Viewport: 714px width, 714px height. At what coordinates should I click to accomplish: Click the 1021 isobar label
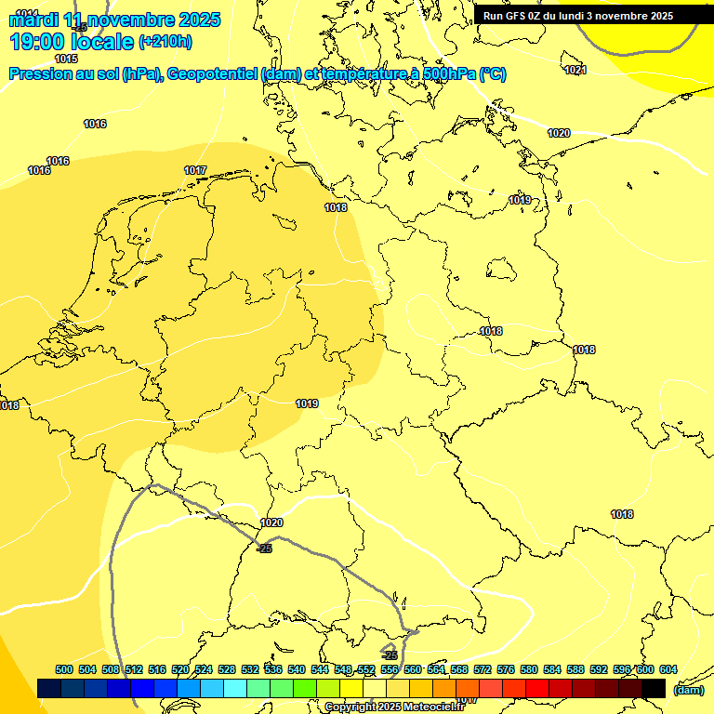(575, 70)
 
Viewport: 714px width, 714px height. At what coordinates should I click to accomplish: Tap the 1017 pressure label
(195, 170)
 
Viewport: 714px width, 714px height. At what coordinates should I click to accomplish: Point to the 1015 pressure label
(67, 85)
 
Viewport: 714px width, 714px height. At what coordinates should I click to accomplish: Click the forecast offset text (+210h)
(165, 41)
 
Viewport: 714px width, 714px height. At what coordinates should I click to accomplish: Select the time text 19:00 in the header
(38, 42)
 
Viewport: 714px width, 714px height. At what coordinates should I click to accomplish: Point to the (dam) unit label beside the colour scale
(688, 690)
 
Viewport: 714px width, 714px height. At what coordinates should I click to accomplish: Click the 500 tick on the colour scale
(64, 669)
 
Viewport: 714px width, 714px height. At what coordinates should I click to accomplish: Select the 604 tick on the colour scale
(668, 669)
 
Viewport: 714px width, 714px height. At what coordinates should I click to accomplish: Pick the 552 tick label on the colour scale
(366, 669)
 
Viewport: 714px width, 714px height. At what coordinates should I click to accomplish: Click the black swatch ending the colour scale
(654, 688)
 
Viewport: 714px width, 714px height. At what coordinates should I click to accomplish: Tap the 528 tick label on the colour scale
(227, 669)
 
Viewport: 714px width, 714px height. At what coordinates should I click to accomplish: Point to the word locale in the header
(100, 42)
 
